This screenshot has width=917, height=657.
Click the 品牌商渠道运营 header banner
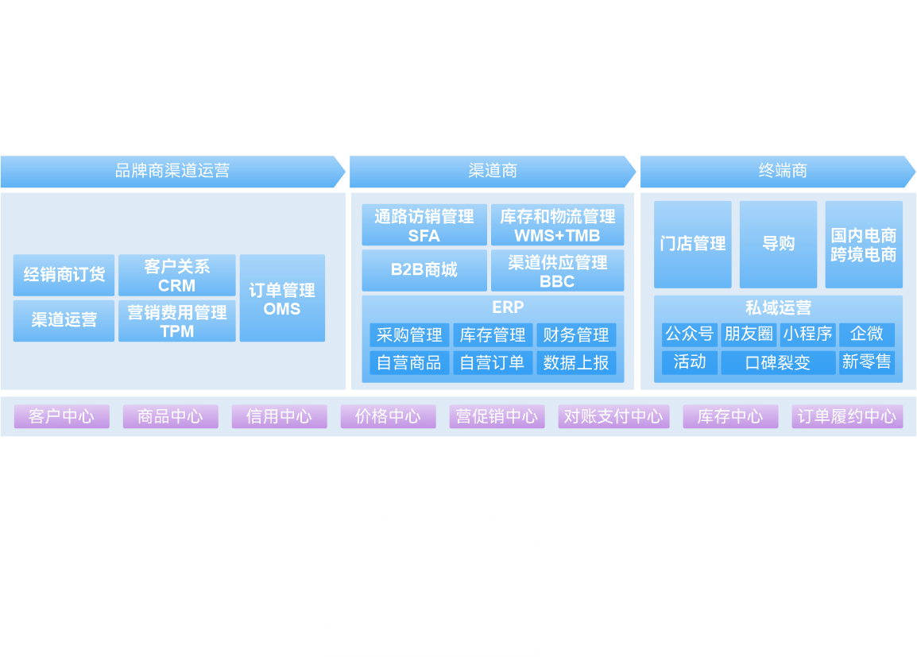[172, 171]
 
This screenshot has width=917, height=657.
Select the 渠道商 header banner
[493, 171]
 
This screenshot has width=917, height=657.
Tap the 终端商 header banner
[782, 171]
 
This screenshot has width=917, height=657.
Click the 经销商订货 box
[64, 275]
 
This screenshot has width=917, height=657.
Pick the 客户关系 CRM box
[176, 276]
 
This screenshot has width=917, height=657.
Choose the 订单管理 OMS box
[282, 299]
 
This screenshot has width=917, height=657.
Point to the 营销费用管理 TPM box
[176, 321]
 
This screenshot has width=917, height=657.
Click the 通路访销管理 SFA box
[424, 226]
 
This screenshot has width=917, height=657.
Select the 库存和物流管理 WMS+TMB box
[557, 226]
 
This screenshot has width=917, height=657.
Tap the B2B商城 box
[424, 270]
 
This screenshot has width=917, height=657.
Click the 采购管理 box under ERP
[409, 335]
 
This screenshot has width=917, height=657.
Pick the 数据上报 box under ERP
[576, 363]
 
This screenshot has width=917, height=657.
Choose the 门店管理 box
[693, 244]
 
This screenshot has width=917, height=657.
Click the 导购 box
[778, 244]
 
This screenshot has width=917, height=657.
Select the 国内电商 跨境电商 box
[864, 244]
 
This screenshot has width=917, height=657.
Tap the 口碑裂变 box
[778, 363]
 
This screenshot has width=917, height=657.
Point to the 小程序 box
[807, 334]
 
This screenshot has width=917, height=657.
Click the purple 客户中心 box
[61, 416]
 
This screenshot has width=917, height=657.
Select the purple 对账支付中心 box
[613, 416]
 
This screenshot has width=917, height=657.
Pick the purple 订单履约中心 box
[847, 416]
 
